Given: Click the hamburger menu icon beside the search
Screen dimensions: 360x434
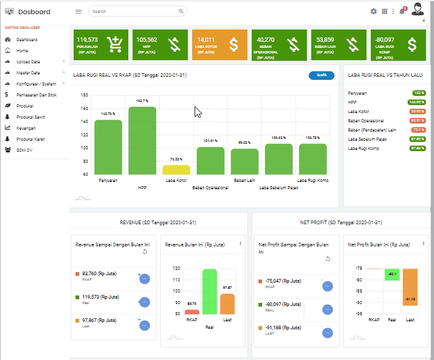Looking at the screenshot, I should (78, 11).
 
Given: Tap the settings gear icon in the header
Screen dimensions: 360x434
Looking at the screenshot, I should (373, 11).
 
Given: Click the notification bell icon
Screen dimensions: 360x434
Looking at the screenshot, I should (401, 11).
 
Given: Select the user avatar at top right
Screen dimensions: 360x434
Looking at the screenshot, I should (418, 9).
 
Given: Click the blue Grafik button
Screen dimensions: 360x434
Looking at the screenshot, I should (322, 76).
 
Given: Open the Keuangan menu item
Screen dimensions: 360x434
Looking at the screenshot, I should (26, 128).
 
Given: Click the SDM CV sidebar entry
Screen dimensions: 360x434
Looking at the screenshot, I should (25, 150).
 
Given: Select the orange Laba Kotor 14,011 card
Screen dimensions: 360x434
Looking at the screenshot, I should (219, 45).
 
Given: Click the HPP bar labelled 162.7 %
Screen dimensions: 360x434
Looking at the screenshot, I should (142, 141).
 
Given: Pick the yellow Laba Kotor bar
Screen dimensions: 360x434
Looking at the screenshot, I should (176, 170).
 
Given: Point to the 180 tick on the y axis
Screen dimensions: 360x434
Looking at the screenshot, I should (85, 95).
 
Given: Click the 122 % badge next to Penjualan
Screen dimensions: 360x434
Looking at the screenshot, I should (419, 93).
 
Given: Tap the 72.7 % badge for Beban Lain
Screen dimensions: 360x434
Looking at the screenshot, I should (418, 130).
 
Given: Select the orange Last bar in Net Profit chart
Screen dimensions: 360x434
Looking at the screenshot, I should (410, 292).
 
